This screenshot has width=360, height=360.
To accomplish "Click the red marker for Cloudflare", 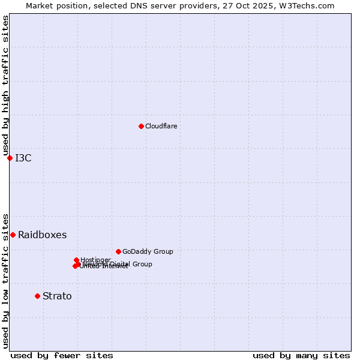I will pos(141,126).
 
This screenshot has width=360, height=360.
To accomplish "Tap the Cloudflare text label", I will pos(161,126).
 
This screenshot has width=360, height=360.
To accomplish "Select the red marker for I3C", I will pos(10,158).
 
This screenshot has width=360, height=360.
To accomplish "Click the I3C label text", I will pos(23,158).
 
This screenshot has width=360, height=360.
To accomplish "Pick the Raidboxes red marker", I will pos(13,235).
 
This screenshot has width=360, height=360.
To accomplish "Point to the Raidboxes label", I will pos(42,235).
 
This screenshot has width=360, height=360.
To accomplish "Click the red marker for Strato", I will pos(37,296).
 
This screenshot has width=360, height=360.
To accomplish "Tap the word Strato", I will pos(57,296).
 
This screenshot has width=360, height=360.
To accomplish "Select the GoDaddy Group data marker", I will pos(118,251).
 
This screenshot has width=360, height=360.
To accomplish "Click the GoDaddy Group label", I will pos(148,251).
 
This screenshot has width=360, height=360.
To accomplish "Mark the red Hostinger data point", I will pos(76,260).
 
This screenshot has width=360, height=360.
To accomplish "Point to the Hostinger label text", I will pos(96,260).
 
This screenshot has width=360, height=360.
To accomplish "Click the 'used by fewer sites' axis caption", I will pos(62,355).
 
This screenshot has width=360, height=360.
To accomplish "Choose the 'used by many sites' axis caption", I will pos(301,355).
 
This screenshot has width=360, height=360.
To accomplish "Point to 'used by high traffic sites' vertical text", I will pos(5,86).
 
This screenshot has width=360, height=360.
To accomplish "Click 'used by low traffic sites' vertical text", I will pos(5,280).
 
